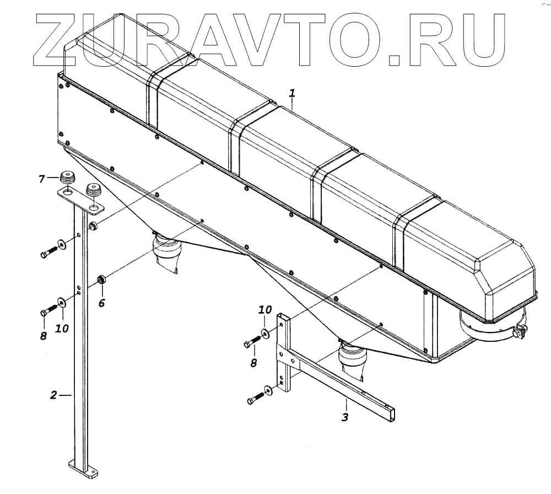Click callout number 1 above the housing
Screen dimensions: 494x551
[x=292, y=94]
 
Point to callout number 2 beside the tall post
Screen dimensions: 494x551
[x=53, y=395]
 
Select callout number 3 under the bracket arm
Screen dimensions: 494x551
[x=345, y=417]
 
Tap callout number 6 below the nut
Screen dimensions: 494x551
[x=101, y=302]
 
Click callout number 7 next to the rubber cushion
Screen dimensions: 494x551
[x=41, y=178]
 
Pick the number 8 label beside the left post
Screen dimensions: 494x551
[x=44, y=334]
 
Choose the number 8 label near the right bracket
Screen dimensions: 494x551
[x=253, y=362]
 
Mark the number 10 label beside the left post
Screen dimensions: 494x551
[x=62, y=328]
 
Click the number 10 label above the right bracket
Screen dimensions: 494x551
[x=265, y=310]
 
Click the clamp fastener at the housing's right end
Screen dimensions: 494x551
[x=519, y=332]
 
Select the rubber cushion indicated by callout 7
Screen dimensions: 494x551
[x=67, y=179]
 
